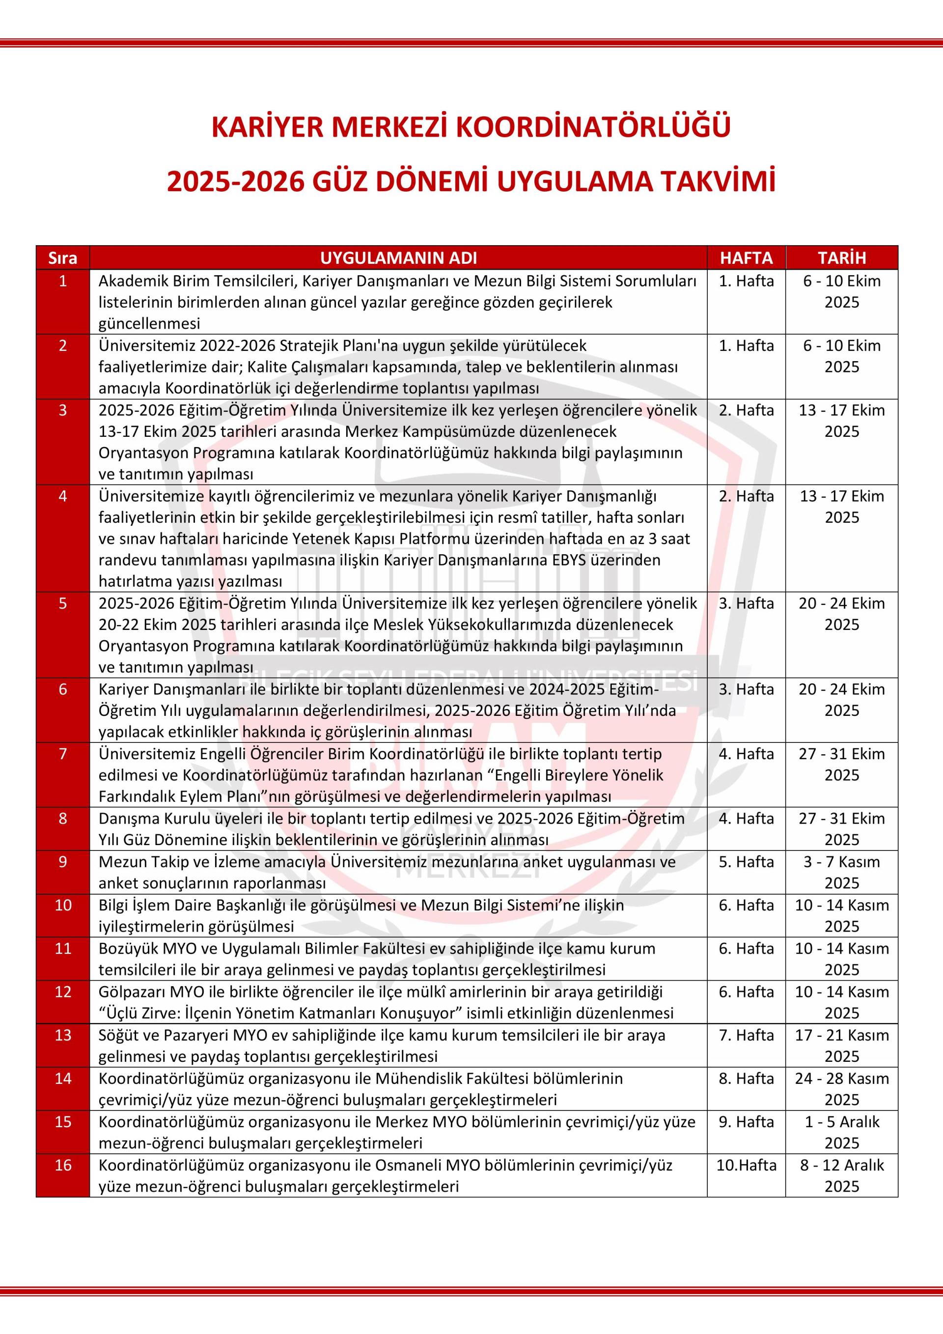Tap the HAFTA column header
point(746,258)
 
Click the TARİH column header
point(841,258)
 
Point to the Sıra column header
point(63,258)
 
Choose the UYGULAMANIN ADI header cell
point(398,258)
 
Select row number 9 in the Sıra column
point(63,862)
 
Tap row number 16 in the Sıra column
point(63,1165)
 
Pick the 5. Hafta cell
point(746,862)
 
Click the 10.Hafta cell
point(746,1165)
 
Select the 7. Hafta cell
point(746,1035)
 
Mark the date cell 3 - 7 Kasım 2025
point(841,872)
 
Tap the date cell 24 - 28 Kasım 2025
point(841,1089)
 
